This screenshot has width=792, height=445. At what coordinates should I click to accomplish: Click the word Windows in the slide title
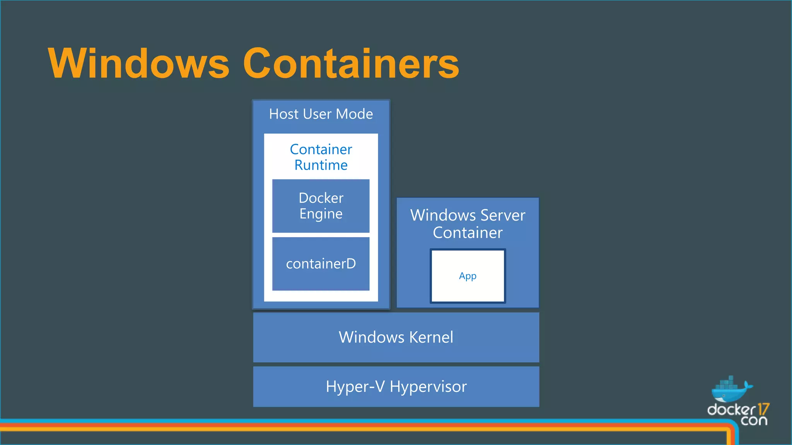pos(138,64)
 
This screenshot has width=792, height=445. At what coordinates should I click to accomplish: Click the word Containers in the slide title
pos(351,64)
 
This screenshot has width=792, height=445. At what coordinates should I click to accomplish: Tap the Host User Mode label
pos(321,114)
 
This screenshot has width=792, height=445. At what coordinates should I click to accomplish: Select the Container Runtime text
pos(321,157)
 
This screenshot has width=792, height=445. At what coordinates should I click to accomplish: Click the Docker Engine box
pos(321,206)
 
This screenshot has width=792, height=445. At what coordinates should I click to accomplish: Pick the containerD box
pos(321,264)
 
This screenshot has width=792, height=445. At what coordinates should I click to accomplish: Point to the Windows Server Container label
pos(468,224)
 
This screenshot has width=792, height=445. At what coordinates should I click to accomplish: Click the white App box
pos(468,276)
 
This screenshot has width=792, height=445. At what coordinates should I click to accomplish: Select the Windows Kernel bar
pos(396,337)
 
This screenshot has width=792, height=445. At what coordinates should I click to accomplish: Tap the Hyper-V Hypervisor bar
pos(396,387)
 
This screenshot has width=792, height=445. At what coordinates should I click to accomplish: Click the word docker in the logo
pos(731,410)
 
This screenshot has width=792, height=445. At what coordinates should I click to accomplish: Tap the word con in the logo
pos(754,421)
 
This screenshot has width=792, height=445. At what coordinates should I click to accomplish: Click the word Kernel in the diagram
pos(431,337)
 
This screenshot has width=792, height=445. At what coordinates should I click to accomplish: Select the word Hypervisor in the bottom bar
pos(428,387)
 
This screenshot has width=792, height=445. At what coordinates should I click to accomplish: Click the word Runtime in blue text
pos(321,165)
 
